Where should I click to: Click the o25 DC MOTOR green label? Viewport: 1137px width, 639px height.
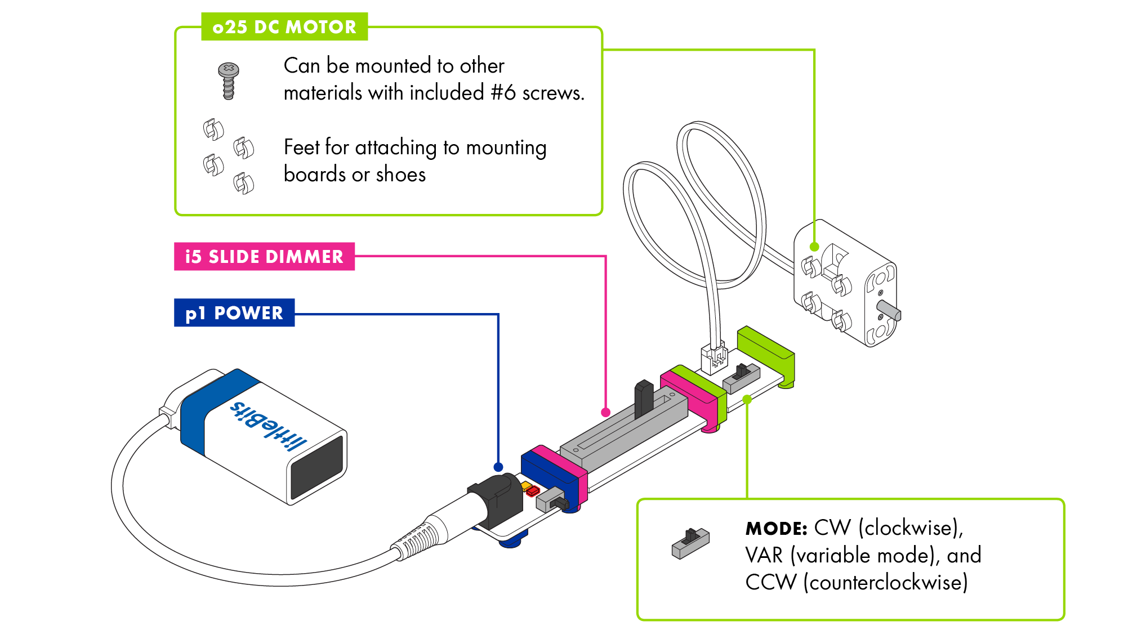(284, 27)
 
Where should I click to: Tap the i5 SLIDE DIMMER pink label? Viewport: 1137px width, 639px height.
(264, 257)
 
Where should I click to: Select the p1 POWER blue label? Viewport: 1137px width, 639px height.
(234, 313)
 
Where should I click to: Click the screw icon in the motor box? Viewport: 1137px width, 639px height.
(228, 81)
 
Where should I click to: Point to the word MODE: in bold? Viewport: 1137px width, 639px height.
(776, 529)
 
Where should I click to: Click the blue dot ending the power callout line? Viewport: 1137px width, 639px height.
(498, 467)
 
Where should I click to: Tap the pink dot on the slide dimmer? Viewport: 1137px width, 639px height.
(605, 412)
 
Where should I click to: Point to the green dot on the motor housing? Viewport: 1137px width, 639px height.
(814, 247)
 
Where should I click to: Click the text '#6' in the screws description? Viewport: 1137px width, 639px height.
(502, 93)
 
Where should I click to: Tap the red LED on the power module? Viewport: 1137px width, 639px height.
(533, 492)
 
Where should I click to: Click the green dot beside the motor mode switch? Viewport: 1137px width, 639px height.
(747, 399)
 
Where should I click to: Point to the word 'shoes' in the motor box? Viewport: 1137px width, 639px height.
(400, 175)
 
